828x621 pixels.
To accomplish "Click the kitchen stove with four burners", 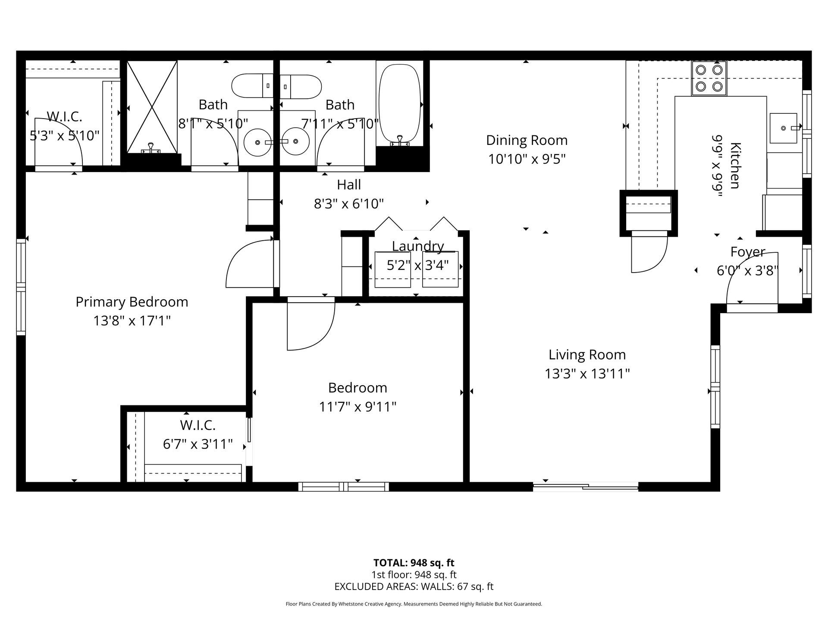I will pos(709,78).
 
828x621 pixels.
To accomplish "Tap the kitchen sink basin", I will pos(783,128).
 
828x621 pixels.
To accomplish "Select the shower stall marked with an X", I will pos(152,107).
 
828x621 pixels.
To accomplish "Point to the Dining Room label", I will pos(527,140).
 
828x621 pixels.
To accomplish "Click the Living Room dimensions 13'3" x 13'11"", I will pos(587,373).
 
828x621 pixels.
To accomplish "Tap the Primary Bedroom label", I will pos(132,302).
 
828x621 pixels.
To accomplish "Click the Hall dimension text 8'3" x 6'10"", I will pos(348,203).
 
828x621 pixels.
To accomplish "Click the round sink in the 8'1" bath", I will pos(257,142).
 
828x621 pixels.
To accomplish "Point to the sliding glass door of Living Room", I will pos(585,487).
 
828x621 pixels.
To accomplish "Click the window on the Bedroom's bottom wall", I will pos(343,487).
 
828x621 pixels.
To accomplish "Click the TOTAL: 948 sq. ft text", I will pos(414,563).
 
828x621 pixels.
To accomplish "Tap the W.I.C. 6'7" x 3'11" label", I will pos(198,435).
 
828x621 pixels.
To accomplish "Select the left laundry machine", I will pos(392,270).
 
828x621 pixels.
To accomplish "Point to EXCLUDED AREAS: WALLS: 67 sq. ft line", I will pos(414,586).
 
